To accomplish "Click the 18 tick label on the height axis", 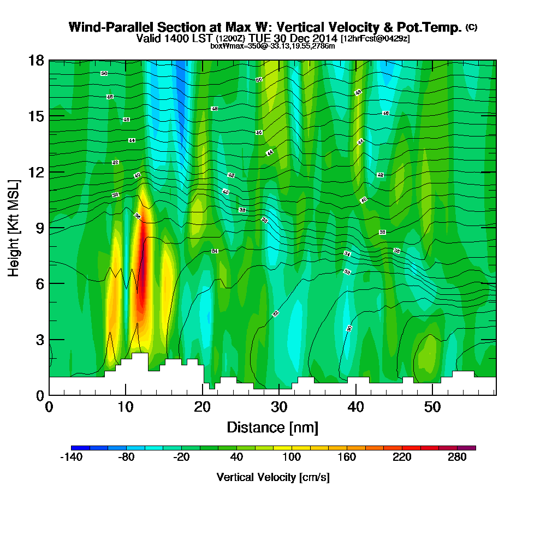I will click(x=36, y=60).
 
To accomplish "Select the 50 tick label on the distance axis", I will click(x=432, y=407).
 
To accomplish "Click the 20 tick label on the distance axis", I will click(x=203, y=407).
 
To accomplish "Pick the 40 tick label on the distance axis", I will click(x=356, y=407).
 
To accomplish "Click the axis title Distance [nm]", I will click(x=272, y=427).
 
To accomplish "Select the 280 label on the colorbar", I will click(x=458, y=458).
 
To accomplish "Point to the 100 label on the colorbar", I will click(x=292, y=458).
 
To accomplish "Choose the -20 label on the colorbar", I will click(x=181, y=458).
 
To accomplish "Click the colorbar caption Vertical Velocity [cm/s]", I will click(x=273, y=477).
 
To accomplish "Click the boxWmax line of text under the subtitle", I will click(x=272, y=46).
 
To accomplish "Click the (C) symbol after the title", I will click(x=472, y=27).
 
